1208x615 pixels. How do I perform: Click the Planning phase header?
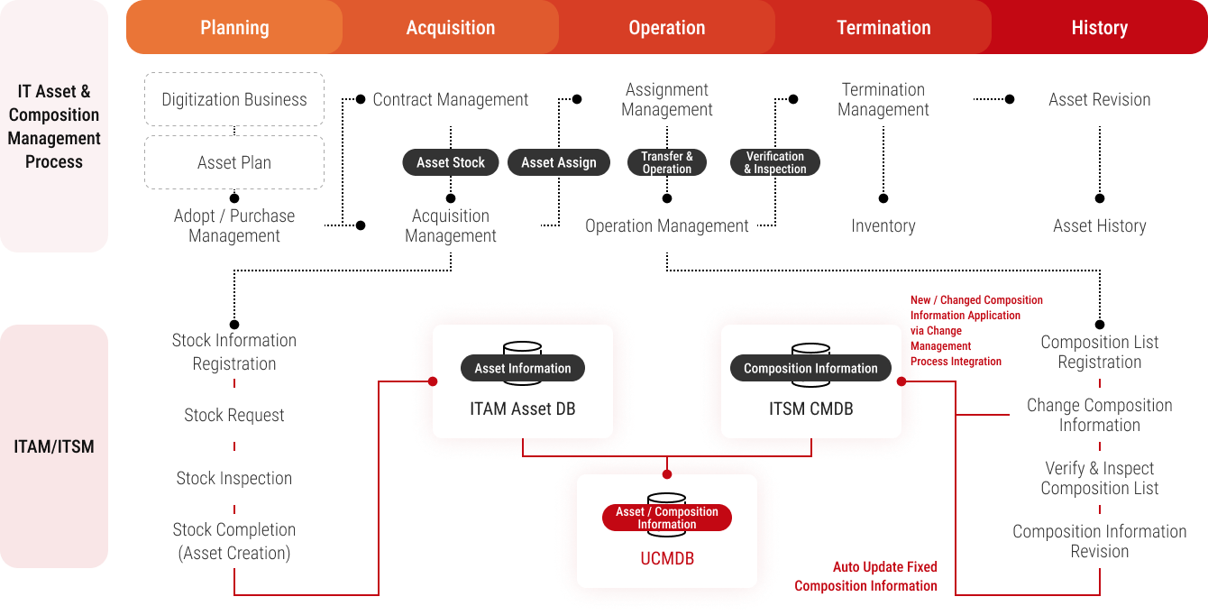coord(234,28)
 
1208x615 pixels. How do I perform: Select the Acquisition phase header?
coord(451,28)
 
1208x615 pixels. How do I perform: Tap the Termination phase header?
coord(883,28)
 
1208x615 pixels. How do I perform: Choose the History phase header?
coord(1099,28)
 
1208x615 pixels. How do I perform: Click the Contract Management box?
coord(451,99)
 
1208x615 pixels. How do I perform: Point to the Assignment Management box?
coord(667,99)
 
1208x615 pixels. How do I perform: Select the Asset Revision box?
coord(1099,99)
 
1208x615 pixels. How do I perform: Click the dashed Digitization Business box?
coord(234,99)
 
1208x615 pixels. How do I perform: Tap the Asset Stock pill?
coord(451,162)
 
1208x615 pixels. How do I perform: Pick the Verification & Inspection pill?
coord(775,162)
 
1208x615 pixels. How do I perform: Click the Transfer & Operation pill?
coord(667,162)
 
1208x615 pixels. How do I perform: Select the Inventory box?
coord(883,225)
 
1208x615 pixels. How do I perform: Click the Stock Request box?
coord(234,415)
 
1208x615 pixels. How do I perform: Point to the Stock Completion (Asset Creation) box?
coord(234,541)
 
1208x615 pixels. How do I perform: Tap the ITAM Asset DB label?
coord(523,408)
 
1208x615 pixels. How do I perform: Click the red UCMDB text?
coord(667,559)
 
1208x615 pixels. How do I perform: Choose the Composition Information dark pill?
coord(810,368)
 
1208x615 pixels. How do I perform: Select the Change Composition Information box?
coord(1099,415)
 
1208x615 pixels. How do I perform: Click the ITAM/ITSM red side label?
coord(54,446)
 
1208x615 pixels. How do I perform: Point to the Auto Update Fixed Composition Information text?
coord(865,576)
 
